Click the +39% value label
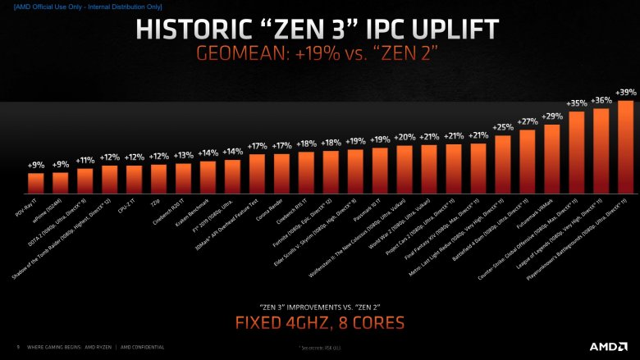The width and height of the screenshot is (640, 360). tap(626, 92)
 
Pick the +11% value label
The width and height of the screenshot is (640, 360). tap(85, 160)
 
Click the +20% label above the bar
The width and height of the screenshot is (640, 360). tap(405, 137)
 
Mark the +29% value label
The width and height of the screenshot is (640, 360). tap(551, 116)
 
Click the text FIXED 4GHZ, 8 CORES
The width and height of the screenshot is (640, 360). tap(319, 322)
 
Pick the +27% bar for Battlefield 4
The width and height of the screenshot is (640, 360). tap(527, 159)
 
